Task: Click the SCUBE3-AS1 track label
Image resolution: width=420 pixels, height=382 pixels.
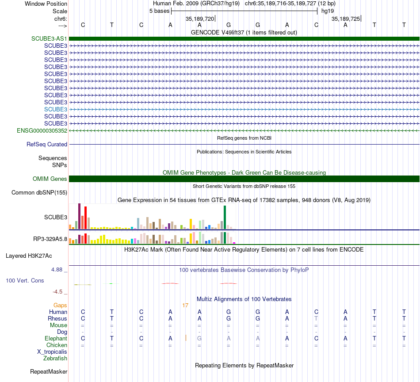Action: [x=49, y=38]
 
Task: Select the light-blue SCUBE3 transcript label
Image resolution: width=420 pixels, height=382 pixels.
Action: [x=56, y=109]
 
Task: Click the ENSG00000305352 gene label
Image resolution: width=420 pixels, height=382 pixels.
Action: [x=42, y=130]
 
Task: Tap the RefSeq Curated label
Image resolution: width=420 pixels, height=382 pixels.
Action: [x=47, y=144]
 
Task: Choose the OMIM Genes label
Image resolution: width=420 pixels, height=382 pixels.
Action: [x=50, y=179]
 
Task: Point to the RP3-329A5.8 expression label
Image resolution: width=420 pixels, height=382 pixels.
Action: [x=50, y=239]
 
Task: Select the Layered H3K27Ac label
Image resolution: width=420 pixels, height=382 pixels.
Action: [x=29, y=256]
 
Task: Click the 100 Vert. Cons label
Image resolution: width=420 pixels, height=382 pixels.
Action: [x=25, y=280]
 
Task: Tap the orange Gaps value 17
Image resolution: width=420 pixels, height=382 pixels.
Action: [x=185, y=305]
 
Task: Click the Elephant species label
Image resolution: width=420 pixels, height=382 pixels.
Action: [x=56, y=338]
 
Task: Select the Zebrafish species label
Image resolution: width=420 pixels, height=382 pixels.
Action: [x=55, y=358]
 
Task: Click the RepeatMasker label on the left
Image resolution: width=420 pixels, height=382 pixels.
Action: [x=48, y=371]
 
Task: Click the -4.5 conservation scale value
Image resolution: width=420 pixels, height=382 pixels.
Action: [x=60, y=291]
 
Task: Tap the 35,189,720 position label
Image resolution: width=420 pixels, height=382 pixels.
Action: [x=200, y=19]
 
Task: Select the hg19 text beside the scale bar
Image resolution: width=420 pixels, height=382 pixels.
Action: [x=328, y=11]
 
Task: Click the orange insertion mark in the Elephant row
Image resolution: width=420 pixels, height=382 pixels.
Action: [x=186, y=338]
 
